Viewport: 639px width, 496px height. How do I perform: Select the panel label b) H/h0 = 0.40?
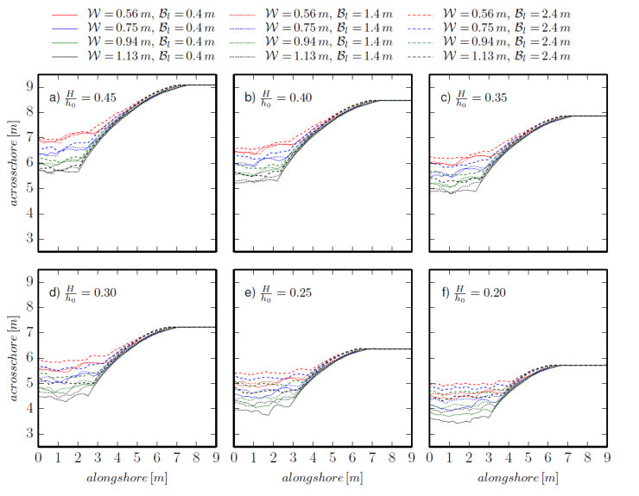pyautogui.click(x=282, y=97)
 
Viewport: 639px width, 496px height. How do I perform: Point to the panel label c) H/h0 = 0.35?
pyautogui.click(x=478, y=97)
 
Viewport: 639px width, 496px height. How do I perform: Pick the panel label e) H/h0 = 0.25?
pyautogui.click(x=282, y=292)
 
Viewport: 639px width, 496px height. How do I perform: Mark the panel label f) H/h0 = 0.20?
pyautogui.click(x=478, y=292)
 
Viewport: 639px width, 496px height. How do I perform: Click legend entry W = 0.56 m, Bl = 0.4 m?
pyautogui.click(x=152, y=16)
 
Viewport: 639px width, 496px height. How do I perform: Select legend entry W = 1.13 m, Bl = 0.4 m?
pyautogui.click(x=152, y=56)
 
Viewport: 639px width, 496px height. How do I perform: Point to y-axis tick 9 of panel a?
pyautogui.click(x=29, y=86)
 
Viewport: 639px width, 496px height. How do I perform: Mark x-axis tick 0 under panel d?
pyautogui.click(x=39, y=457)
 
